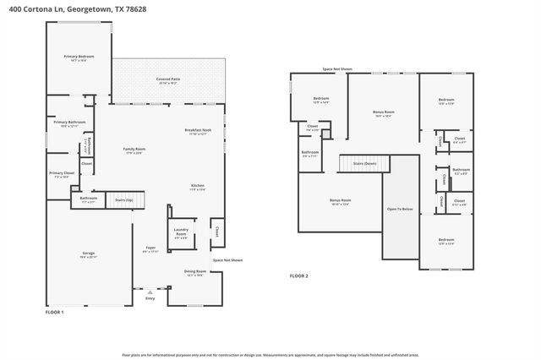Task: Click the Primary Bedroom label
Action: [79, 57]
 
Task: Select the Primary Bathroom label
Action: [71, 123]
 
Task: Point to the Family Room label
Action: [134, 149]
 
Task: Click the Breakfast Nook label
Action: [199, 130]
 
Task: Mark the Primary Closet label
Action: [61, 173]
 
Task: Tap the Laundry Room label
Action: [180, 230]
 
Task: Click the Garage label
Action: [88, 253]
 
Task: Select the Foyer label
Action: [151, 248]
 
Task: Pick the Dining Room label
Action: [195, 271]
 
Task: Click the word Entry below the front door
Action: [150, 298]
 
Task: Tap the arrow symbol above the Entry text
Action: [150, 290]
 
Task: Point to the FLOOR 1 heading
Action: [54, 312]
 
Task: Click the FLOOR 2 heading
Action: [299, 275]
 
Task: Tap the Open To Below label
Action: [400, 209]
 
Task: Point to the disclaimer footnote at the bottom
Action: [270, 354]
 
